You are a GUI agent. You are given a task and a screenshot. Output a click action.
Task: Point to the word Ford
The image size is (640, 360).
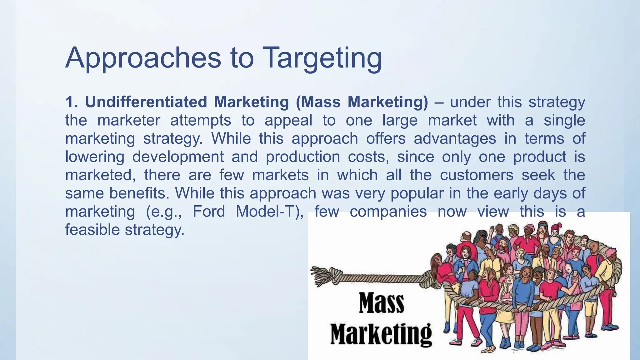pyautogui.click(x=209, y=212)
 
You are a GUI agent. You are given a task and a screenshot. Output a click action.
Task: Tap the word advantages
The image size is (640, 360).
pyautogui.click(x=455, y=138)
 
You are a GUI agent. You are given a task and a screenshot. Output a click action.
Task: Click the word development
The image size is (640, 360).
pyautogui.click(x=178, y=157)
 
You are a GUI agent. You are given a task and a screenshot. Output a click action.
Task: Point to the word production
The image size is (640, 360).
pyautogui.click(x=303, y=157)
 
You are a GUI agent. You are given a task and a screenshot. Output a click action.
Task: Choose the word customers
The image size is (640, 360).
pyautogui.click(x=477, y=175)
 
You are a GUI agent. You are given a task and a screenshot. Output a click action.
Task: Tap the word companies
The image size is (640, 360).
pyautogui.click(x=388, y=212)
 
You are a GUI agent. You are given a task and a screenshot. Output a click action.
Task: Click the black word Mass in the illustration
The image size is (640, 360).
pyautogui.click(x=381, y=303)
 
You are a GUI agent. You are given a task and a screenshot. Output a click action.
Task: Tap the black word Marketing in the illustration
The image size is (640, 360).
pyautogui.click(x=381, y=334)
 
